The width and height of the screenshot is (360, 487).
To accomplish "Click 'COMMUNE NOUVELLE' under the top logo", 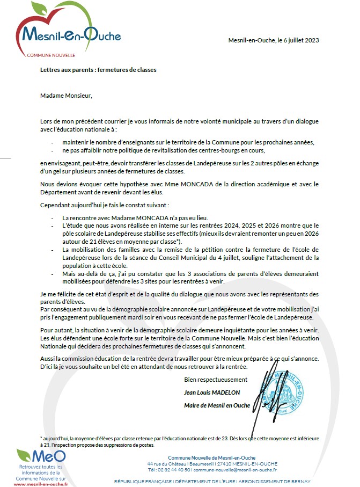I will pos(52,55).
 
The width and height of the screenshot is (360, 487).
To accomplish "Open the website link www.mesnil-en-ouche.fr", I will pos(40,484).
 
